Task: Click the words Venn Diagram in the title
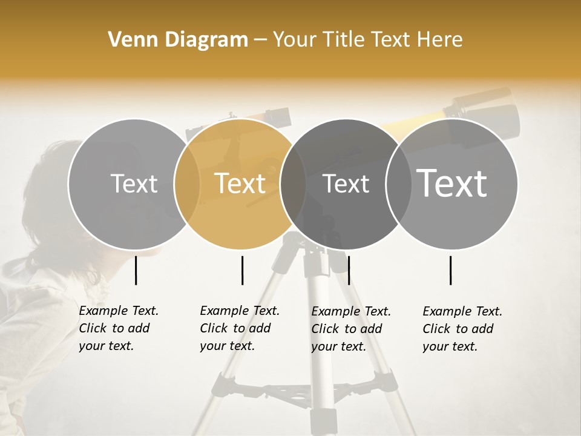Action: click(178, 39)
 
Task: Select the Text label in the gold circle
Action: click(240, 183)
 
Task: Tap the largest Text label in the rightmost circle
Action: click(452, 183)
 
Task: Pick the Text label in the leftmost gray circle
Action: click(134, 183)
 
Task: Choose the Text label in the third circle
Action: click(346, 183)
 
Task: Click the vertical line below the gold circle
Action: click(242, 270)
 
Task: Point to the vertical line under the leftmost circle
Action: click(136, 270)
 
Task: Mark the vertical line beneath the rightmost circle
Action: click(450, 270)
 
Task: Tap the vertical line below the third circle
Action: click(349, 270)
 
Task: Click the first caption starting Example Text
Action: click(119, 328)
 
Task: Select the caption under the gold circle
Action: click(240, 328)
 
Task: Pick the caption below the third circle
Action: click(351, 329)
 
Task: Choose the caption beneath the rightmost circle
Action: click(462, 329)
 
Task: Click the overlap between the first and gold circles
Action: click(187, 183)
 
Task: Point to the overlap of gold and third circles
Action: click(293, 183)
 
